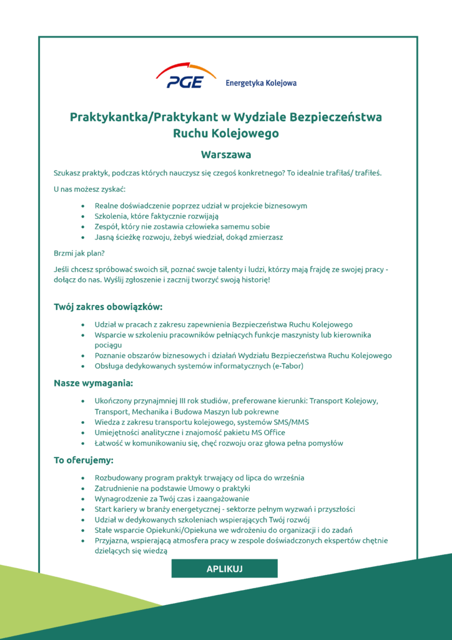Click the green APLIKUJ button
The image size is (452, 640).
224,568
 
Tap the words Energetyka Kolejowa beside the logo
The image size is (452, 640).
261,82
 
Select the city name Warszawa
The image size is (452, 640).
225,154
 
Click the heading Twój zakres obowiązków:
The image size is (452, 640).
108,307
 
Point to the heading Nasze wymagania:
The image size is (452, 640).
93,383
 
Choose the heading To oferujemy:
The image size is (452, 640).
83,461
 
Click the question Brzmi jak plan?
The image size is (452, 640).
79,253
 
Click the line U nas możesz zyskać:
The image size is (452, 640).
90,189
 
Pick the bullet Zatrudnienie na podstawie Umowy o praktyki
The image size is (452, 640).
172,488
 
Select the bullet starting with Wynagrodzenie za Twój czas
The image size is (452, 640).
172,499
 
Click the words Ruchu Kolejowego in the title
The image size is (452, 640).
225,133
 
